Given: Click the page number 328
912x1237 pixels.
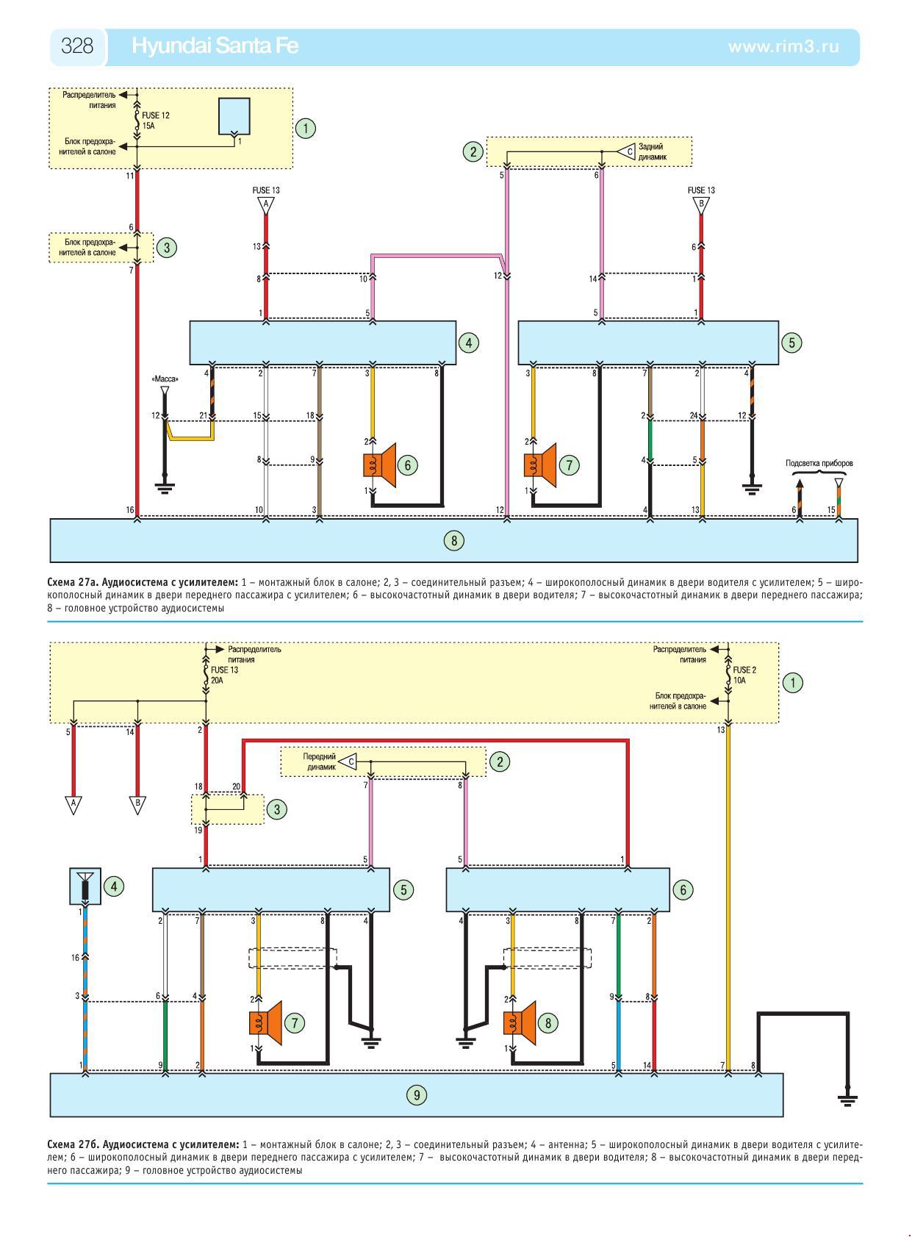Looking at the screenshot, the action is pyautogui.click(x=76, y=46).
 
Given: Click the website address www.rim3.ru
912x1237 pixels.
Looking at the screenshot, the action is pyautogui.click(x=783, y=47).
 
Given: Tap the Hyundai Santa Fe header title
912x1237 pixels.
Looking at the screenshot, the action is pyautogui.click(x=215, y=46).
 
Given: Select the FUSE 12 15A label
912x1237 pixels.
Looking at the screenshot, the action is pyautogui.click(x=156, y=121).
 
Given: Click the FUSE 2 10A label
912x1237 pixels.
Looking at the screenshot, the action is pyautogui.click(x=744, y=675).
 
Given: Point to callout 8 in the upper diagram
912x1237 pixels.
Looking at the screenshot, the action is pyautogui.click(x=453, y=541).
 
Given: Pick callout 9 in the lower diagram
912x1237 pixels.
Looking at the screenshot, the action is pyautogui.click(x=417, y=1095).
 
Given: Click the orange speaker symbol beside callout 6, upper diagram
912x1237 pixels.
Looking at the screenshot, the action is pyautogui.click(x=379, y=465).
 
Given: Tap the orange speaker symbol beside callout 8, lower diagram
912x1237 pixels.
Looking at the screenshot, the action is pyautogui.click(x=520, y=1022).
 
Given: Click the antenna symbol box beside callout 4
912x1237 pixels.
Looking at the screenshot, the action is pyautogui.click(x=85, y=886).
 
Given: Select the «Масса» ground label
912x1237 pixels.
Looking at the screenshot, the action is pyautogui.click(x=165, y=379).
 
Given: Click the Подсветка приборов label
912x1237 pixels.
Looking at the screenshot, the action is pyautogui.click(x=819, y=463).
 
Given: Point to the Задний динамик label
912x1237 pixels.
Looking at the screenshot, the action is pyautogui.click(x=652, y=152).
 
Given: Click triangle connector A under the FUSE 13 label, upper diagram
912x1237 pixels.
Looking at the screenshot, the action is pyautogui.click(x=266, y=206).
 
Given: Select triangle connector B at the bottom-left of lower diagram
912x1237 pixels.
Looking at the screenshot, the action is pyautogui.click(x=137, y=805).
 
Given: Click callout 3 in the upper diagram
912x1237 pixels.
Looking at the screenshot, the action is pyautogui.click(x=167, y=248).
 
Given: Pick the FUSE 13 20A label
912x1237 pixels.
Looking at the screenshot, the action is pyautogui.click(x=224, y=675).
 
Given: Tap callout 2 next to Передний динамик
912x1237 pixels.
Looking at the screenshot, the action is pyautogui.click(x=500, y=762).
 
